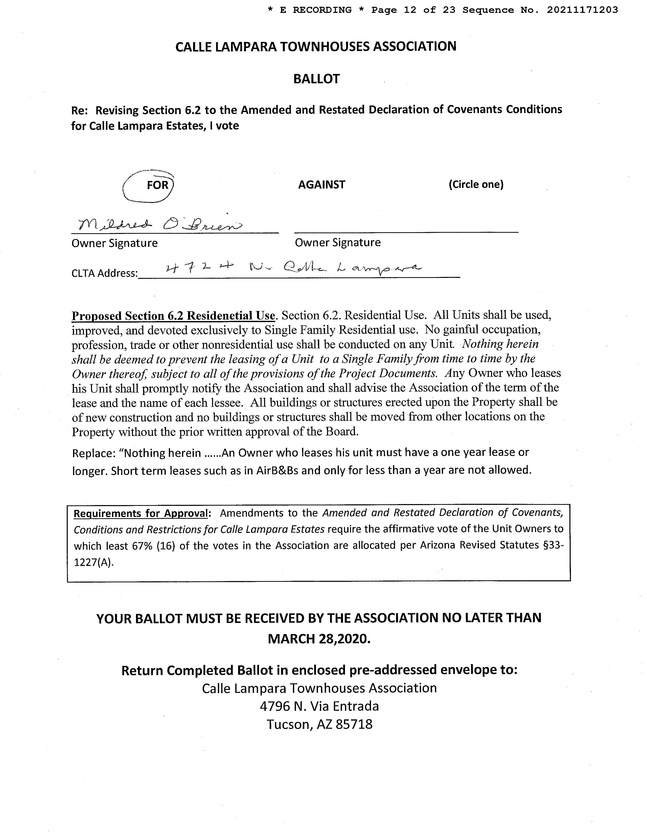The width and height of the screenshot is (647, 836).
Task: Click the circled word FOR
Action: point(157,185)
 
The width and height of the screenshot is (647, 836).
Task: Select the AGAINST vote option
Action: point(321,185)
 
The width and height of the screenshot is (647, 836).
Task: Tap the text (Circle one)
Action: point(476,185)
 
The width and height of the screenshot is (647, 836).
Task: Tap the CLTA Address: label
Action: point(104,273)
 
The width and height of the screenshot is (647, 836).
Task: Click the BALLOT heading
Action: point(316,79)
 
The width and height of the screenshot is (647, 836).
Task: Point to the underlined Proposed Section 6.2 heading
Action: point(173,316)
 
